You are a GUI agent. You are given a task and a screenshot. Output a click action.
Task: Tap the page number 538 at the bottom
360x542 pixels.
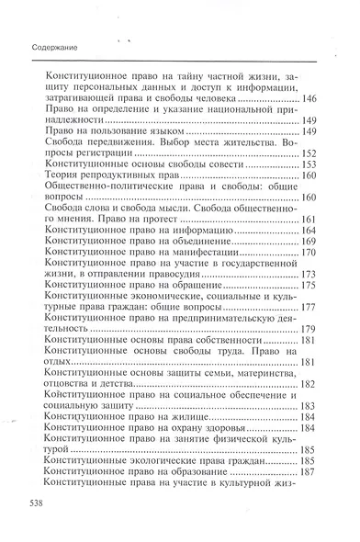41,504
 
